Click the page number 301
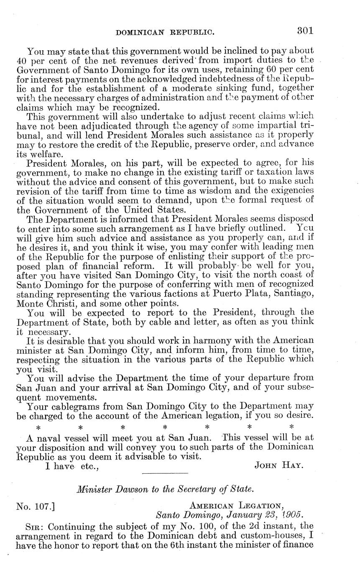(305, 31)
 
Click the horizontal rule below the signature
(165, 473)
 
